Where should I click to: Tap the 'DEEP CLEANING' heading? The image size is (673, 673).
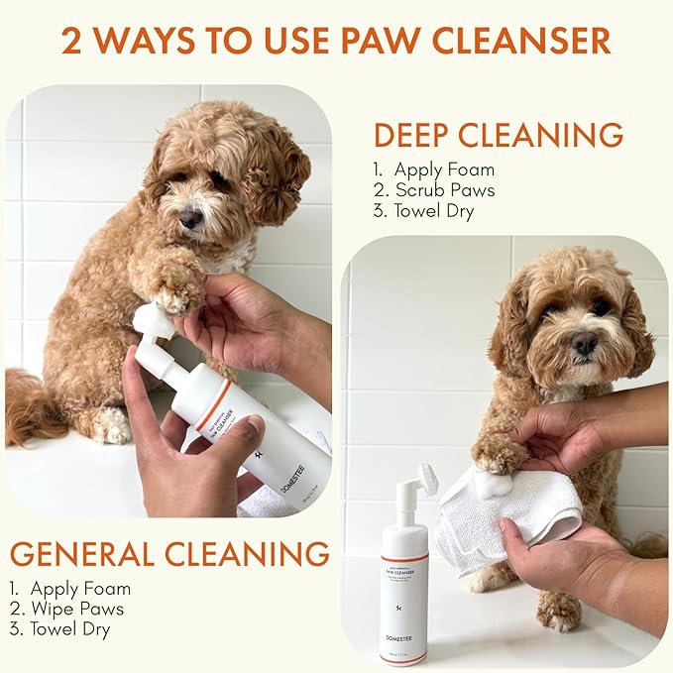(498, 134)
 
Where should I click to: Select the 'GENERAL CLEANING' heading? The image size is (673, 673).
(169, 553)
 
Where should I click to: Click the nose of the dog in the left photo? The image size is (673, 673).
(190, 217)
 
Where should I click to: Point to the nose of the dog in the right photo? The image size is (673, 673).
(584, 344)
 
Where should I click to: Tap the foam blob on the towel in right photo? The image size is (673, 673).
(494, 483)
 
